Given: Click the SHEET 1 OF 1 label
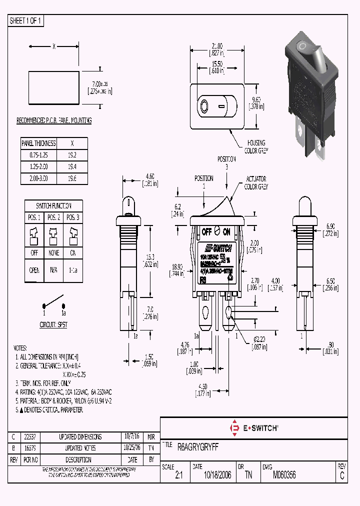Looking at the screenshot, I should click(x=26, y=20).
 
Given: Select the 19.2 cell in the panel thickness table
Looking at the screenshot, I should click(x=72, y=155).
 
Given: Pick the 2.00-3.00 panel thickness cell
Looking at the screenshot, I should click(x=38, y=178).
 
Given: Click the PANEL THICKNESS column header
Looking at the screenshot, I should click(x=38, y=143).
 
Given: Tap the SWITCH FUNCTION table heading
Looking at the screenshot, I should click(x=53, y=206).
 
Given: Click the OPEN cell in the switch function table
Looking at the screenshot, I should click(x=34, y=270).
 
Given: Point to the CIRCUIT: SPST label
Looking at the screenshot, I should click(x=53, y=324).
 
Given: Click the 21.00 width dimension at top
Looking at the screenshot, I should click(x=216, y=45).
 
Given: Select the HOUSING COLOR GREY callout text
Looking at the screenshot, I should click(x=254, y=146).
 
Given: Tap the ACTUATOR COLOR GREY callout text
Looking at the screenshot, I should click(x=256, y=183).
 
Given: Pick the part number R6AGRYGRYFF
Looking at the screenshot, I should click(x=198, y=445).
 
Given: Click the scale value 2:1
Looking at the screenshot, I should click(x=179, y=476).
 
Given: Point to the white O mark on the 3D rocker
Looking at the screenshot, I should click(x=301, y=47).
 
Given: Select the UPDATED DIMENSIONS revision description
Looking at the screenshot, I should click(x=80, y=436).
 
